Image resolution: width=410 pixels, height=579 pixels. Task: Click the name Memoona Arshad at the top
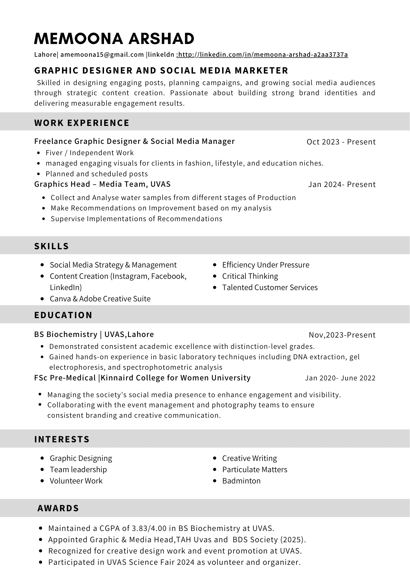[114, 39]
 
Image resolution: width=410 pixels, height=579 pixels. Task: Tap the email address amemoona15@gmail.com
[102, 54]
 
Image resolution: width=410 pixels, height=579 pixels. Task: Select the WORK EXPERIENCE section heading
[82, 123]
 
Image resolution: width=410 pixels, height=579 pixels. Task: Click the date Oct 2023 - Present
[341, 142]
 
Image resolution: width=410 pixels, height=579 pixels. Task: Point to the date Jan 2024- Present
[342, 184]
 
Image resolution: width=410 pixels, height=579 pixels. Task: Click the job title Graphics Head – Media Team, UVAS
[102, 184]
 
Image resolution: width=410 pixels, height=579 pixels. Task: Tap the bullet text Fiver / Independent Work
[90, 153]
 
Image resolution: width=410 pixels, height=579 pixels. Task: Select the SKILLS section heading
[52, 246]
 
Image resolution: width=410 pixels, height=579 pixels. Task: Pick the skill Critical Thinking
[250, 276]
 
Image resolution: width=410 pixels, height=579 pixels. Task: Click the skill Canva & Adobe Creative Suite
[100, 299]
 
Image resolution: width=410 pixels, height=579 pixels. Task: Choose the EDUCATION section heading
[63, 315]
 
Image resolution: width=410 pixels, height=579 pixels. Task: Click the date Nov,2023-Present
[342, 335]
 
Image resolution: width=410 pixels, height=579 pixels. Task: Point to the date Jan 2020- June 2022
[340, 378]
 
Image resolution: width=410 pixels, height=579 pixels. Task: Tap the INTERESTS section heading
[62, 439]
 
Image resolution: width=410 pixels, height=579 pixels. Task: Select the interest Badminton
[241, 481]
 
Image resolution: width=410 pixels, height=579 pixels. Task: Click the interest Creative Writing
[249, 458]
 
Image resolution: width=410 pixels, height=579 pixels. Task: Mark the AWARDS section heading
[58, 508]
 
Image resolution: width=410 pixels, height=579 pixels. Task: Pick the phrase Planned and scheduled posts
[97, 174]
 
